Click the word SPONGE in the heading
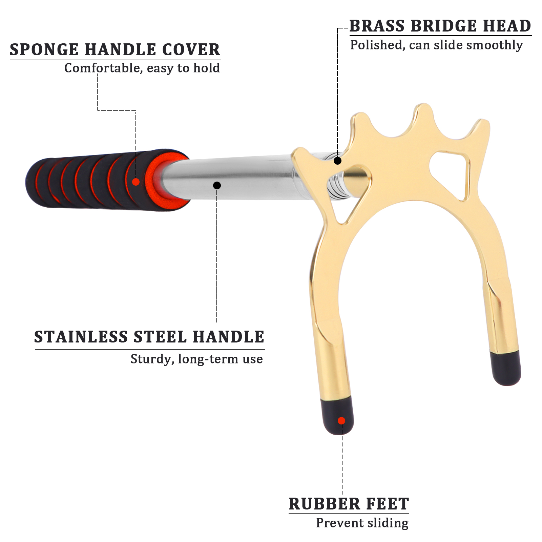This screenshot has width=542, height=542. click(x=44, y=50)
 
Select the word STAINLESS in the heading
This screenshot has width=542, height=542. click(x=81, y=337)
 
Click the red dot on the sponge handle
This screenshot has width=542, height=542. click(x=136, y=182)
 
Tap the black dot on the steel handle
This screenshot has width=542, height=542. click(x=217, y=185)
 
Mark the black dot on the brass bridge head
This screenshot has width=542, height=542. click(x=337, y=161)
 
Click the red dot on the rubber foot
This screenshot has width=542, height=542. click(x=341, y=421)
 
